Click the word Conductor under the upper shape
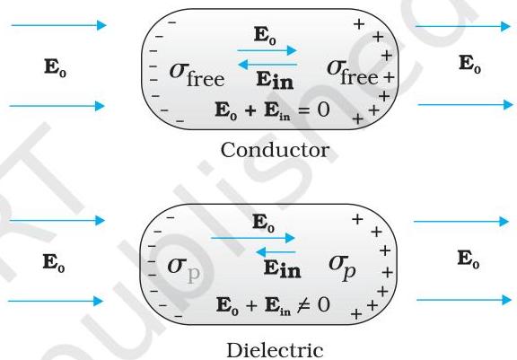(x=275, y=150)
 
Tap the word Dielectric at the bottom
(x=275, y=350)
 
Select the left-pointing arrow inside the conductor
(x=267, y=65)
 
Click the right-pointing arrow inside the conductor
(x=267, y=50)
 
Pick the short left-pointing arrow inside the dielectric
(x=276, y=252)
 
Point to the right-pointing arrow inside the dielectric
(x=252, y=238)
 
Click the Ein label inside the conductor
(x=275, y=81)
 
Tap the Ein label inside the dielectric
(x=282, y=269)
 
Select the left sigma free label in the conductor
(x=197, y=75)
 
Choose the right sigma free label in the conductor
(x=352, y=72)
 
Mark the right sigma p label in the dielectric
(x=342, y=268)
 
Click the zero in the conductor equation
(x=324, y=110)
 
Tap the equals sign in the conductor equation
(x=303, y=110)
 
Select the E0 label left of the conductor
(x=55, y=67)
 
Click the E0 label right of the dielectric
(x=469, y=259)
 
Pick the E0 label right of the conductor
(x=469, y=64)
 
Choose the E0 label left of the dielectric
(x=54, y=263)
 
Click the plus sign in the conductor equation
(x=250, y=110)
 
